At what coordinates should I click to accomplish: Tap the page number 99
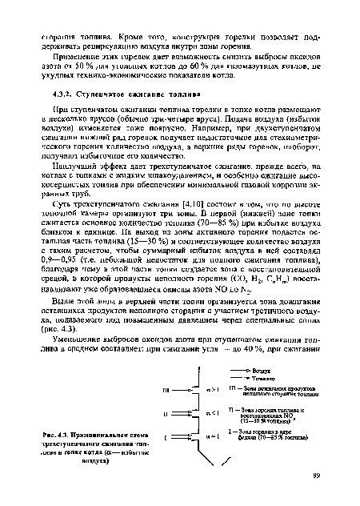319,476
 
